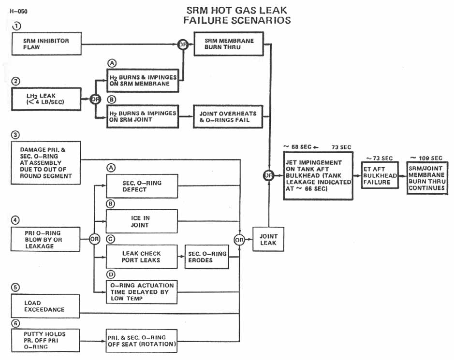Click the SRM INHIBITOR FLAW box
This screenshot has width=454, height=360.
tap(46, 44)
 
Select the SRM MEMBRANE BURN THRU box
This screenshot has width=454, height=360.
tap(228, 44)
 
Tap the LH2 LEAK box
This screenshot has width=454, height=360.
tap(46, 100)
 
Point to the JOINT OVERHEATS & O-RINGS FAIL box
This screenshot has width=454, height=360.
tap(228, 116)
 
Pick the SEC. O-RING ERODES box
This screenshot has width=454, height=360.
tap(206, 257)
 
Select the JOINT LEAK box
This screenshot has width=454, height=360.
tap(268, 239)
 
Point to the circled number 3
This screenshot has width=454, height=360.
tap(16, 134)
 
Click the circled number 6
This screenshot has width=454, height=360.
tap(16, 321)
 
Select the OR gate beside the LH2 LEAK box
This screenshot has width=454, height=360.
tap(95, 100)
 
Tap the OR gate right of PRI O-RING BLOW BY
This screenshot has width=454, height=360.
tap(94, 239)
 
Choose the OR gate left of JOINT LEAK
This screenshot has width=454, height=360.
tap(239, 239)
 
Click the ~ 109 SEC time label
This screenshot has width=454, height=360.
tap(425, 158)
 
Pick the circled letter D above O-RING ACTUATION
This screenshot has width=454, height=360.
tap(111, 275)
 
